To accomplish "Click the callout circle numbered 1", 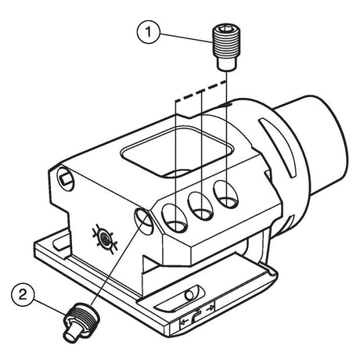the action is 149,32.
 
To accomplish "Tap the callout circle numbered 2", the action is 23,295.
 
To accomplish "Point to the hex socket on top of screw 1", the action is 226,27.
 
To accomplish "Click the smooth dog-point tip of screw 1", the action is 226,64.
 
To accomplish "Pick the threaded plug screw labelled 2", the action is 80,321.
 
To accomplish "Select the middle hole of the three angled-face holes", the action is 200,206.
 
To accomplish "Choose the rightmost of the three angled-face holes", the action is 225,194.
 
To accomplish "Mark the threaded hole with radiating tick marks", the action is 106,238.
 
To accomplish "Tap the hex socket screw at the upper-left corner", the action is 65,178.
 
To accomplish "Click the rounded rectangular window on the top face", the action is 177,152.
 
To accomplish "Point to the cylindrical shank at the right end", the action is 319,146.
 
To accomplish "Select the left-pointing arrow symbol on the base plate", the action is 185,322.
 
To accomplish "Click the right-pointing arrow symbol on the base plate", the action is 210,309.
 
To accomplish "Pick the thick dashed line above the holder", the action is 201,92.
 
